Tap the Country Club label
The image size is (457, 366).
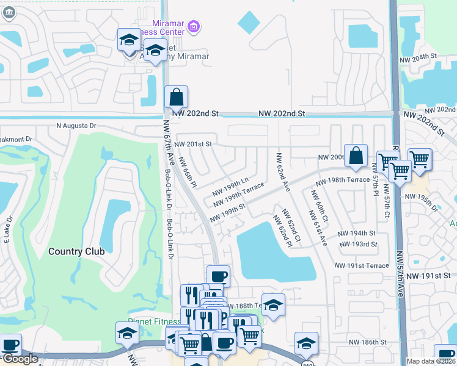coord(76,251)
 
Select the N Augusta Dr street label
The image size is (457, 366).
coord(76,126)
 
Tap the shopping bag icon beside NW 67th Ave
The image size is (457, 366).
coord(176,97)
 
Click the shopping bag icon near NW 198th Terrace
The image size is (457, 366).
coord(356,156)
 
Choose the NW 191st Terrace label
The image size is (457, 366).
coord(362,266)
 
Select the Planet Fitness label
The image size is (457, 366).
coord(154,321)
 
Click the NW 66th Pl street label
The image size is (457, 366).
coord(188,171)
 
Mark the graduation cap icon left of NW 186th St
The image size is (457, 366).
coord(306,343)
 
